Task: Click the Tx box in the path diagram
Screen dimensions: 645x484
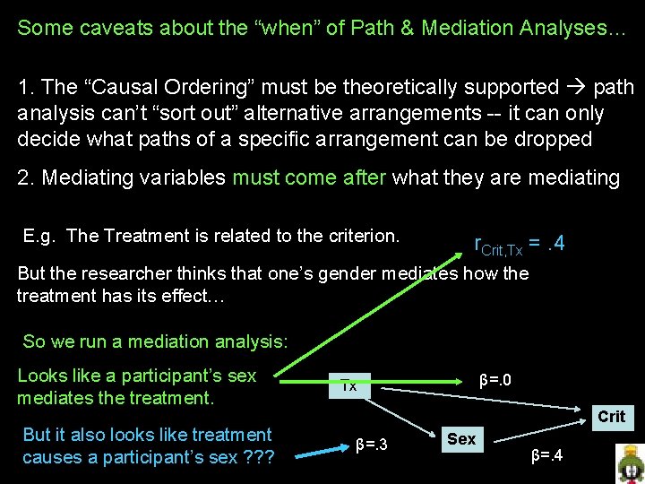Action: point(349,385)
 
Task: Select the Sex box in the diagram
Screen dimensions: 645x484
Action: point(461,438)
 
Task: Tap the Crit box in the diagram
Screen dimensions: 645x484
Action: point(611,416)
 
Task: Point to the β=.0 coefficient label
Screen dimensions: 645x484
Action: point(495,380)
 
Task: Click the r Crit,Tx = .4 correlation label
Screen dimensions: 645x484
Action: point(520,244)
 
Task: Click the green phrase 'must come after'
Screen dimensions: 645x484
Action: point(308,177)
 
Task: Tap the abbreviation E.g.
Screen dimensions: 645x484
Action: point(41,236)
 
